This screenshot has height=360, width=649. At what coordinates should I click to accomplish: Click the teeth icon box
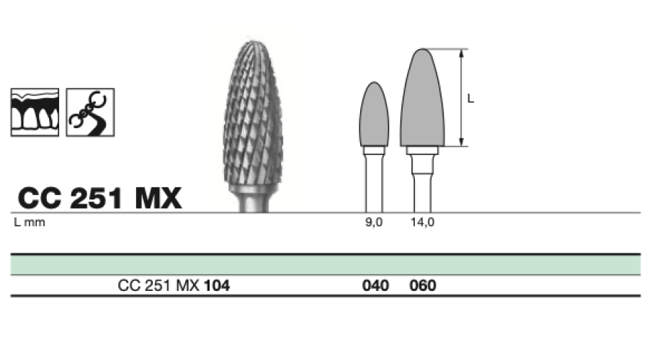pos(35,112)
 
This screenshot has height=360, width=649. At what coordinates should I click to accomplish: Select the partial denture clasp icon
pos(90,112)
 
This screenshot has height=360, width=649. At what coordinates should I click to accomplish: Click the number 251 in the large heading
pos(97,198)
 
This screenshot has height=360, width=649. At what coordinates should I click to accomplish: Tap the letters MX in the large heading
pos(158,198)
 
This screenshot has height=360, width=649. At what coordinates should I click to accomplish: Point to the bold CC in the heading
pos(40,198)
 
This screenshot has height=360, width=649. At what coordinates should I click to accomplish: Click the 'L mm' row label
pos(30,222)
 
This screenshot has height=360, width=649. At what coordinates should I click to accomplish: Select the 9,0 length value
pos(374,222)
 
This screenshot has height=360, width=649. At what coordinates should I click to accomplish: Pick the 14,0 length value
pos(422,222)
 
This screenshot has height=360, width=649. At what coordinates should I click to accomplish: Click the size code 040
pos(375,286)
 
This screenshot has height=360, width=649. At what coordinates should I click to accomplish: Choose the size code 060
pos(423,286)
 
